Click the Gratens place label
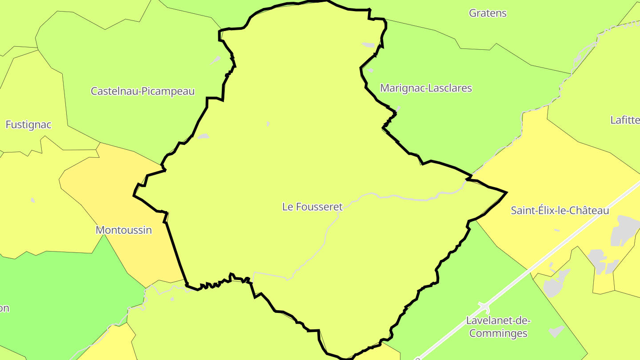(488, 13)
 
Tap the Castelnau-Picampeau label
(143, 91)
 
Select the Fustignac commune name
(28, 125)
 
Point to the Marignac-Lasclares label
(426, 88)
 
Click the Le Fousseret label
(312, 207)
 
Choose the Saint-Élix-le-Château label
(560, 210)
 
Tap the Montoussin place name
(124, 230)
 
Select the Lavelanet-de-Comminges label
(498, 327)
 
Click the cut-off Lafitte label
(625, 120)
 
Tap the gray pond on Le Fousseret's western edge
(203, 136)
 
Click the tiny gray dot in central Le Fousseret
(268, 124)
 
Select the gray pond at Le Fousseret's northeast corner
(369, 45)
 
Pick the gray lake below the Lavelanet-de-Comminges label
(556, 331)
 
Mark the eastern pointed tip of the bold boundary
(506, 192)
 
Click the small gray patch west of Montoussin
(33, 200)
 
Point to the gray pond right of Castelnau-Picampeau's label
(215, 60)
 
